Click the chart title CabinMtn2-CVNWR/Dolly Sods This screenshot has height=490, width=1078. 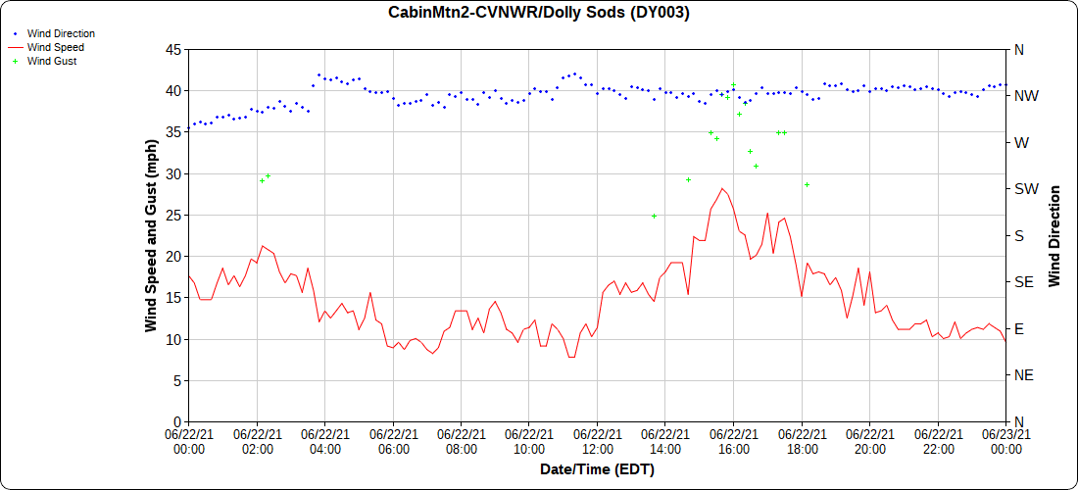539,13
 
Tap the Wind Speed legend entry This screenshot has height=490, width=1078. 55,47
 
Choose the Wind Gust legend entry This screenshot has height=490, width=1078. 52,61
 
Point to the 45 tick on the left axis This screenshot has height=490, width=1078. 172,49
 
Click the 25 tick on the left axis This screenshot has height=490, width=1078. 172,215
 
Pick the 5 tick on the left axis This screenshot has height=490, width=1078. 176,380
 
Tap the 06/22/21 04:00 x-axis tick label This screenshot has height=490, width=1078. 324,442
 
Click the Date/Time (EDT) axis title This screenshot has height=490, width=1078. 597,470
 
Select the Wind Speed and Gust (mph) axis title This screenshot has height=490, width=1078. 151,235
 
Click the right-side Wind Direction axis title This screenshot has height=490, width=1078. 1054,235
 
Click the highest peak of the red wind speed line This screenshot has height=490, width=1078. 722,188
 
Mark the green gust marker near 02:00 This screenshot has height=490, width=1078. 262,180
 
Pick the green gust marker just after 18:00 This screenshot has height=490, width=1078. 807,184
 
